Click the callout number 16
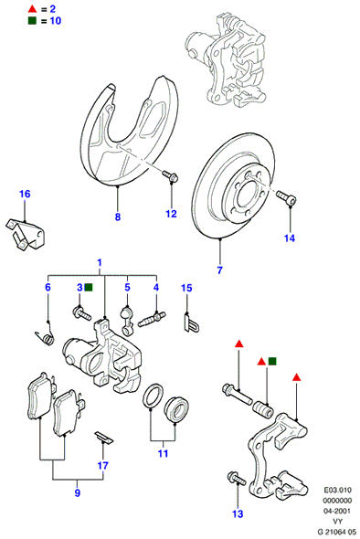[x=25, y=195]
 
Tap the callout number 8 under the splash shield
[x=118, y=217]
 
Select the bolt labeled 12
[x=171, y=176]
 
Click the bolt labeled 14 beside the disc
[x=286, y=197]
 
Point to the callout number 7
[x=219, y=270]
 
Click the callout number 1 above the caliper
[x=100, y=263]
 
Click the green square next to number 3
[x=89, y=288]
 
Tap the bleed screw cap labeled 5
[x=127, y=321]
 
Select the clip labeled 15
[x=192, y=323]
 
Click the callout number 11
[x=163, y=453]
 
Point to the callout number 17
[x=103, y=466]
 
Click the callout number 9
[x=78, y=493]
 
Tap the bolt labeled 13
[x=237, y=478]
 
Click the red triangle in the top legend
[x=32, y=9]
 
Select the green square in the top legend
[x=32, y=21]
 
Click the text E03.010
[x=338, y=490]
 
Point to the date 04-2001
[x=337, y=511]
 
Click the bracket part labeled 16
[x=26, y=234]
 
